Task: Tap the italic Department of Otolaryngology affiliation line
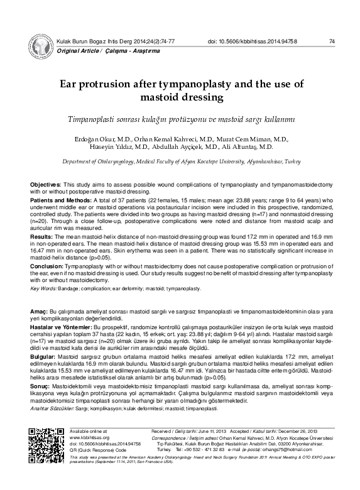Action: tap(180, 161)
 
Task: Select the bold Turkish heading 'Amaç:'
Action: tap(40, 312)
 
